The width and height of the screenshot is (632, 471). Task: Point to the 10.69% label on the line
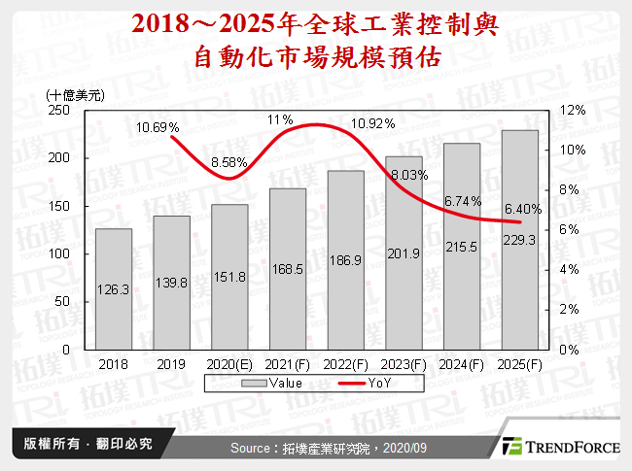point(158,127)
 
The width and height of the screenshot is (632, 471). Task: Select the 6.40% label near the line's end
point(523,210)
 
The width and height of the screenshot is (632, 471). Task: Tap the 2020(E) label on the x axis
point(228,363)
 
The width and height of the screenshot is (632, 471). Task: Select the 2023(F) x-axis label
point(404,363)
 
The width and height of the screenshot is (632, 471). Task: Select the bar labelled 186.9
point(346,259)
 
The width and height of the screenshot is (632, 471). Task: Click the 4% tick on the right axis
point(571,269)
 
